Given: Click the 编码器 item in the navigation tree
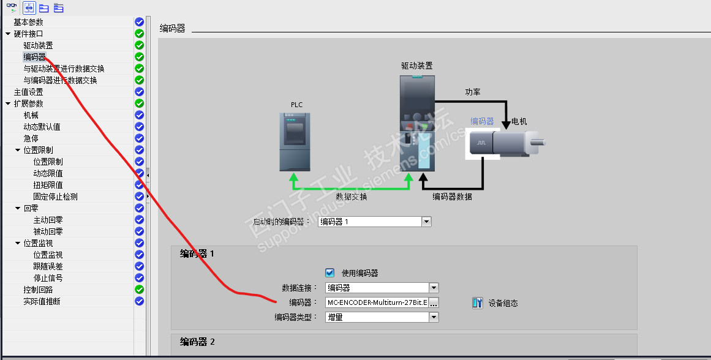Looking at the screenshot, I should pos(34,57).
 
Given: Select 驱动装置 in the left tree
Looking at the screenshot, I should pos(38,45).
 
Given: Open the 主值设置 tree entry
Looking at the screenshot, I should pos(28,92).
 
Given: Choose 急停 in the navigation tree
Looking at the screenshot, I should pos(31,138).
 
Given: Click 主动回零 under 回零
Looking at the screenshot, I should pos(48,220).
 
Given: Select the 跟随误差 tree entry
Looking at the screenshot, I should pos(48,266).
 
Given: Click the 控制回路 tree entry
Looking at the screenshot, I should pos(38,290).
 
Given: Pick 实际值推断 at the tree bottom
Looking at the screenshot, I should pos(42,301).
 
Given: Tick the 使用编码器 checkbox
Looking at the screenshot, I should pos(330,273).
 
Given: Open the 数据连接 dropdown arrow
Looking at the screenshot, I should pos(434,288).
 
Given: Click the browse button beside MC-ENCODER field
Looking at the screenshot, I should pos(434,302).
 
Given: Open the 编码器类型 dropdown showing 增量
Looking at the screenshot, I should pos(434,317).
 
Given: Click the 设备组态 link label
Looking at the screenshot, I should pos(503,303).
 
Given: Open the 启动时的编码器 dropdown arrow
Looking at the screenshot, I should pos(426,222).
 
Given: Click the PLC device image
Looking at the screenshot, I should pos(295,142).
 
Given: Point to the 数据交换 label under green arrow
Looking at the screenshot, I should pos(352,197).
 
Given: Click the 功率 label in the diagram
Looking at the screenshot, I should pos(473,92).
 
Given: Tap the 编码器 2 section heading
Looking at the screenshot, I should pos(197,342).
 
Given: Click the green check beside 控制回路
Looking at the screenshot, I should pos(139,290).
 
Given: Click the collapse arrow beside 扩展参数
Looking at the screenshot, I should pos(7,103).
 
